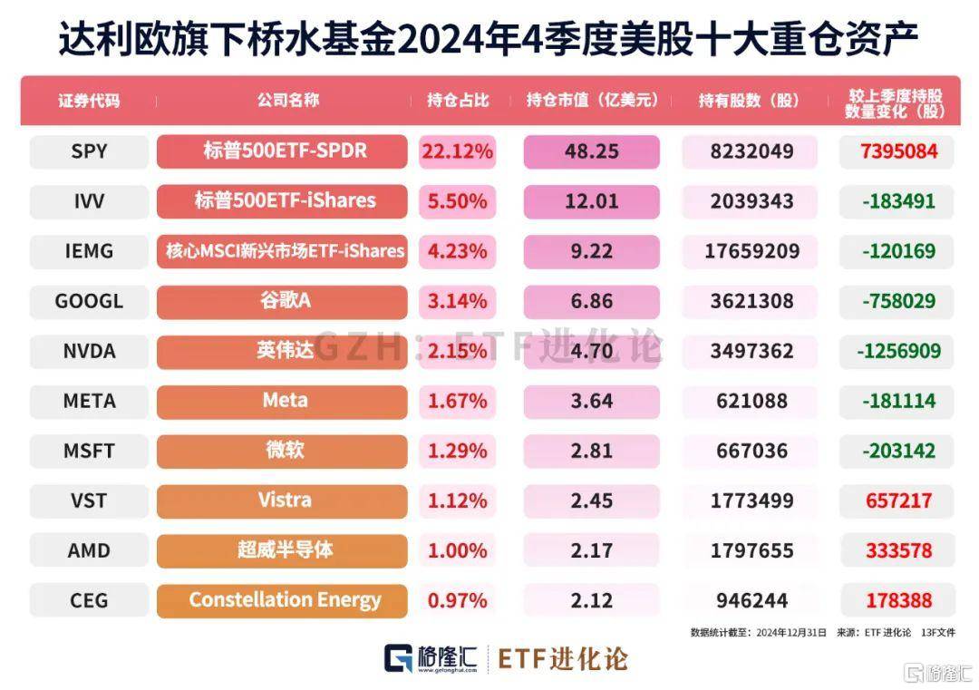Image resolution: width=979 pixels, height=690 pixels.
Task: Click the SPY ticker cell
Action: click(89, 151)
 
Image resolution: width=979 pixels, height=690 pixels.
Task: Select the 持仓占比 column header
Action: click(458, 101)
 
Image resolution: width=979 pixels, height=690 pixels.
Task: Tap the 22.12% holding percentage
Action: click(457, 151)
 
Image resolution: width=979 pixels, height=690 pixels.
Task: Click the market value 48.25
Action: click(591, 151)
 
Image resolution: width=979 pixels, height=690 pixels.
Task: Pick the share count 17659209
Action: click(749, 251)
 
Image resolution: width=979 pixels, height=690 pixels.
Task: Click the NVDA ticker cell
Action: click(89, 351)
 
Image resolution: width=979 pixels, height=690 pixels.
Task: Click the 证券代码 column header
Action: click(89, 101)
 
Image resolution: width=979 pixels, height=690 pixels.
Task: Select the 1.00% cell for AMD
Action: click(457, 550)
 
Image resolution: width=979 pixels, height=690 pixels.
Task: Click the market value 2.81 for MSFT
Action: click(591, 451)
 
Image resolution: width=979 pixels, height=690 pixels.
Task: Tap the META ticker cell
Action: click(89, 401)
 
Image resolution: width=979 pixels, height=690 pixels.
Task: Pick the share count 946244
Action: click(749, 600)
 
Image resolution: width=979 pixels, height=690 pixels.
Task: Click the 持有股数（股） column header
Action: click(749, 101)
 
